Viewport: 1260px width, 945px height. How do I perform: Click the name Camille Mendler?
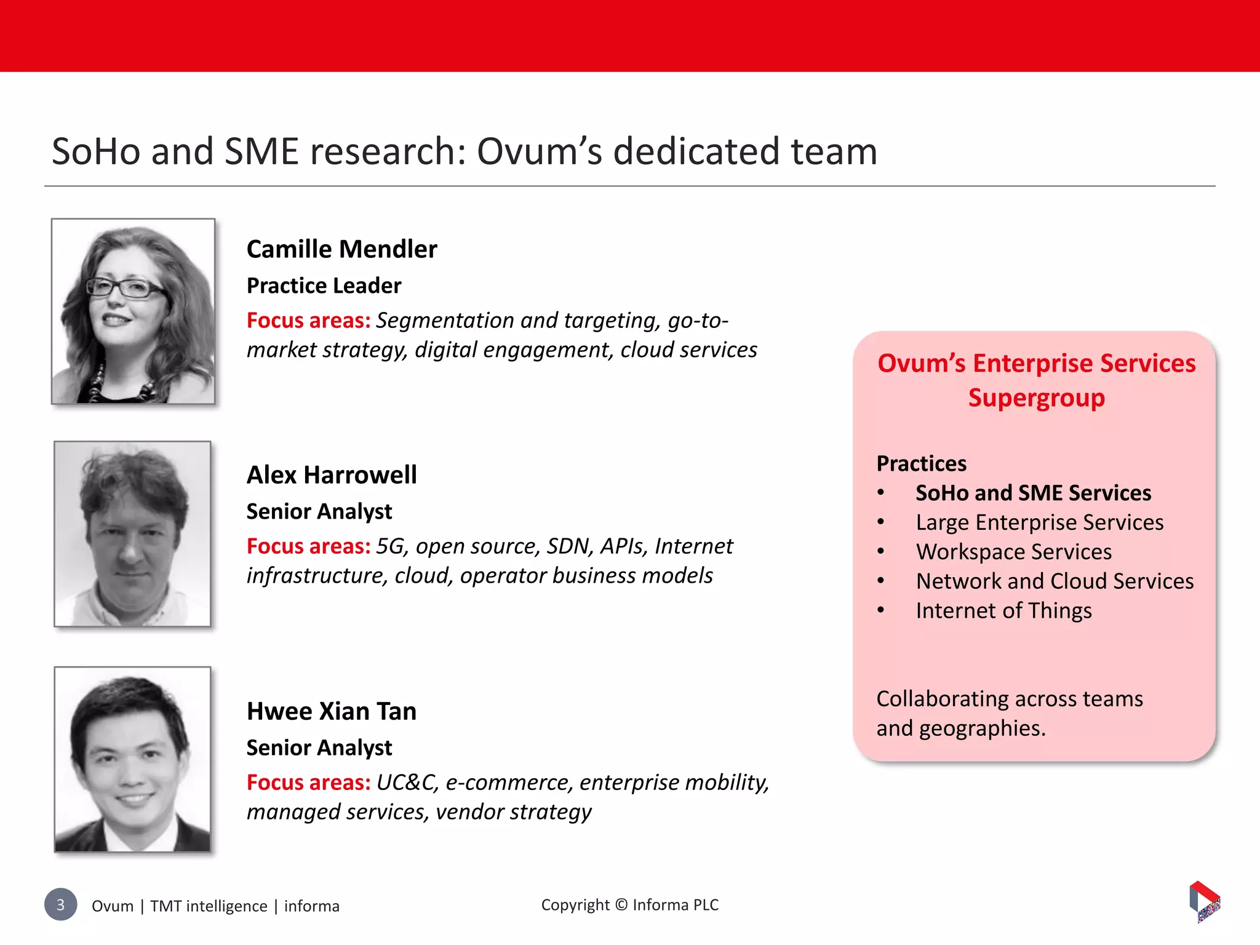pos(341,250)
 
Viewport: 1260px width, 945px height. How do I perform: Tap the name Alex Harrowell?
pos(332,476)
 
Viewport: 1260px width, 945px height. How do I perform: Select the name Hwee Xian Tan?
pos(332,712)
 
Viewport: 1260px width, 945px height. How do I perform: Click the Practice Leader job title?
pos(324,286)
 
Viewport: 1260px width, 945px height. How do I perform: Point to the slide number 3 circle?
pos(60,904)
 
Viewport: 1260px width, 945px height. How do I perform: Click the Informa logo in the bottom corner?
pos(1204,902)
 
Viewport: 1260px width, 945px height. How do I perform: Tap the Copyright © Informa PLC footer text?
pos(629,905)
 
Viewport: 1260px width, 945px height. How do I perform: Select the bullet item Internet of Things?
pos(1003,611)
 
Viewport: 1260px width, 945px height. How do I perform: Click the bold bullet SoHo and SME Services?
pos(1033,493)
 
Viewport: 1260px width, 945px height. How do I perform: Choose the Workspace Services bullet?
pos(1013,552)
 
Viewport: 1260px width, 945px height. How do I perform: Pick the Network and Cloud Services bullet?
pos(1055,581)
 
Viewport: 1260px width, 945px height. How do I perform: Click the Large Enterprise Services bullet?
pos(1039,523)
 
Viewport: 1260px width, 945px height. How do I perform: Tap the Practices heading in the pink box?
pos(921,464)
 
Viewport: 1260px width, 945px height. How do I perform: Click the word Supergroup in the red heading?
pos(1036,398)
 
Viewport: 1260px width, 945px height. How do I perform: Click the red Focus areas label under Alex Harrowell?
pos(308,546)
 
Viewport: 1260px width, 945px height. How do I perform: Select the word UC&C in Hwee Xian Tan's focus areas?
pos(406,783)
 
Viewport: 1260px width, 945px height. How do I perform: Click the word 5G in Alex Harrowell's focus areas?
pos(390,546)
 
